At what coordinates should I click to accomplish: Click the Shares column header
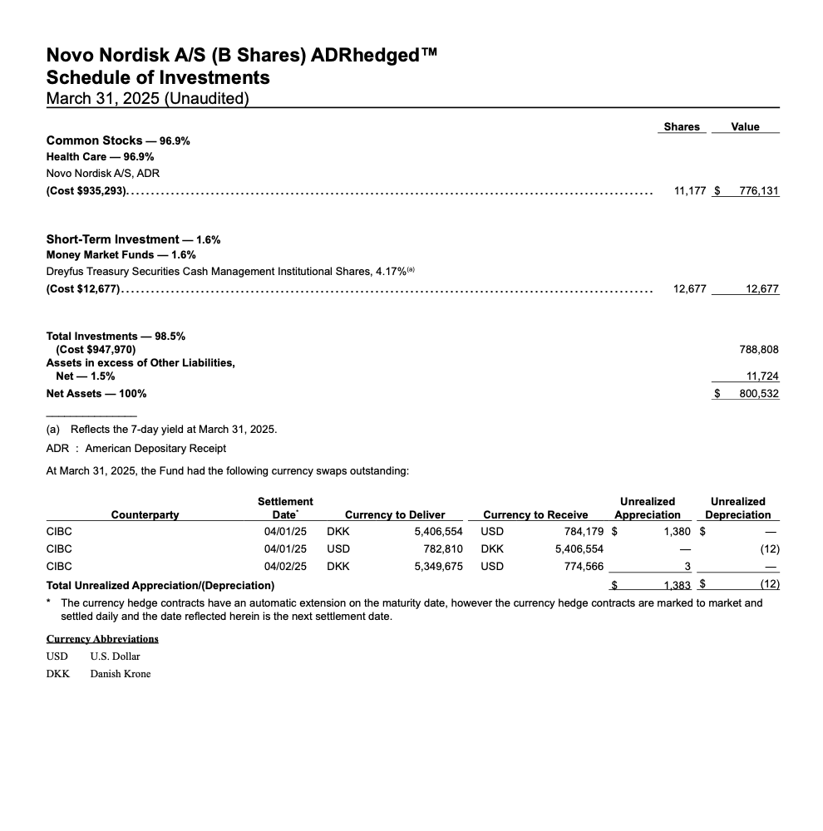click(x=682, y=126)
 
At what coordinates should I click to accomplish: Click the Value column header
click(x=745, y=126)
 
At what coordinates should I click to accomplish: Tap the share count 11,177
click(x=690, y=190)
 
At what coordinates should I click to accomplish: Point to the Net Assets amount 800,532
click(x=759, y=393)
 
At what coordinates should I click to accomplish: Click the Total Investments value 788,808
click(x=759, y=349)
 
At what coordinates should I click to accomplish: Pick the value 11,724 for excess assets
click(x=762, y=376)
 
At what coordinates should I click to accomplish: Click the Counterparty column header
click(x=145, y=514)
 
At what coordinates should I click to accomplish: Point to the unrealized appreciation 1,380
click(x=677, y=530)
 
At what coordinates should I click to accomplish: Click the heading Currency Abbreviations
click(x=102, y=638)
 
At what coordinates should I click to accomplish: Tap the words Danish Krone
click(x=121, y=673)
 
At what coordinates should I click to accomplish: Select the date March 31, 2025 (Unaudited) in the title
click(x=148, y=99)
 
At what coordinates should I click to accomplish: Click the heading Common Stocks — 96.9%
click(x=118, y=140)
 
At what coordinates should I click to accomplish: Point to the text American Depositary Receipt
click(x=155, y=448)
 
